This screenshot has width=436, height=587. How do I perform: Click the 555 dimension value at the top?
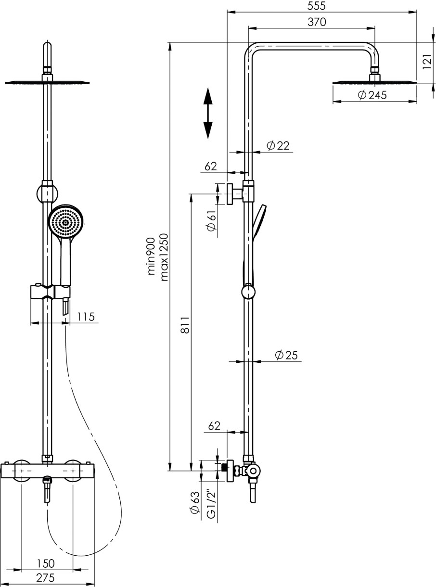[x=316, y=6]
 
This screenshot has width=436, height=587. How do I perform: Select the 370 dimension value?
[x=317, y=22]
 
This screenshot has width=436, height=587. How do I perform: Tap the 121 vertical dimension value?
[x=427, y=62]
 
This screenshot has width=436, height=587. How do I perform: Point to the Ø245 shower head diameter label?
[x=372, y=95]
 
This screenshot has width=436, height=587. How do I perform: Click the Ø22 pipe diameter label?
[x=278, y=146]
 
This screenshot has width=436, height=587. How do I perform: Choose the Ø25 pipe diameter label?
[x=286, y=355]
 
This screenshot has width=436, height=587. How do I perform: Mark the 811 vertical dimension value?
[x=185, y=325]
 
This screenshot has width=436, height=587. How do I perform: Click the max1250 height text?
[x=164, y=257]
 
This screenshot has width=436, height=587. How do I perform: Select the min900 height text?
[x=151, y=256]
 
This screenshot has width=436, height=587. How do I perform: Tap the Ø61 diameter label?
[x=212, y=221]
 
